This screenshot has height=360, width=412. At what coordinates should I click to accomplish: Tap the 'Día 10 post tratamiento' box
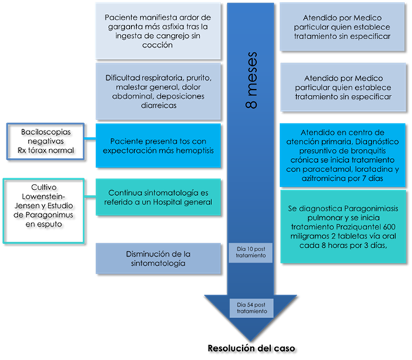(x=251, y=253)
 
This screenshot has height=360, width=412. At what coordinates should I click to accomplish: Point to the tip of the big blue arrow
(x=251, y=340)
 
